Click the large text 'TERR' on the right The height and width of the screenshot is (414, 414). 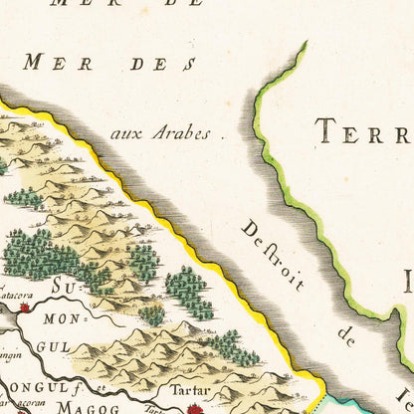(363, 130)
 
